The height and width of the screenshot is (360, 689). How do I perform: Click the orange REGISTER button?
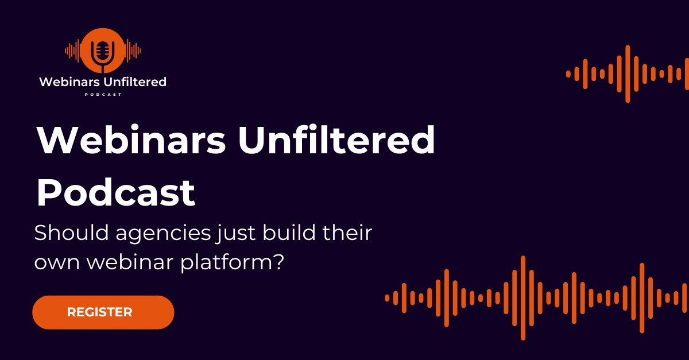point(103,312)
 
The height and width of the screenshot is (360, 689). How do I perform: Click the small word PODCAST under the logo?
point(103,95)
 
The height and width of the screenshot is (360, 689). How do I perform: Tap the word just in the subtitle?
point(220,235)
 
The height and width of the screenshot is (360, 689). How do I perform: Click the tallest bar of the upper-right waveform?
point(628,73)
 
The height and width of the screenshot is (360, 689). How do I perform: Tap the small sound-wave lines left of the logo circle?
point(72,51)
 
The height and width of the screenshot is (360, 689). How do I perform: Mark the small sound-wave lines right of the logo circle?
point(133,51)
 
